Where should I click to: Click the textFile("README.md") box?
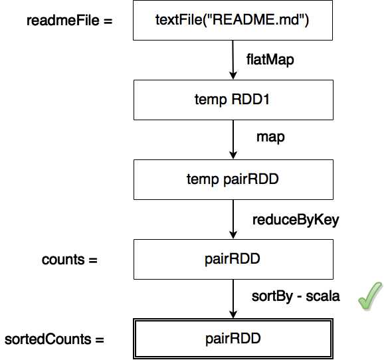232,21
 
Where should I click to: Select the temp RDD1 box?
232,100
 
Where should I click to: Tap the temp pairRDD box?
232,179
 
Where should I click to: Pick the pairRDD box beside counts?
232,258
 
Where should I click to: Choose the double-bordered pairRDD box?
232,339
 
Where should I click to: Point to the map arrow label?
270,137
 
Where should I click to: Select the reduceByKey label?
296,220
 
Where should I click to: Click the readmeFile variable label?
59,21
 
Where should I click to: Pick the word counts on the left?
62,260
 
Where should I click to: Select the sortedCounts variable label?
47,339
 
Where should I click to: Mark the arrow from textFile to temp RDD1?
232,60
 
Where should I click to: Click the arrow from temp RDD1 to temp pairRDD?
232,139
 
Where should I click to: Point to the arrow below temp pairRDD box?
232,219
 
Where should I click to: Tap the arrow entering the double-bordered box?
232,299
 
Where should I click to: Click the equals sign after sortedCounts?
99,339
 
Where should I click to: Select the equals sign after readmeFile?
107,21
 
